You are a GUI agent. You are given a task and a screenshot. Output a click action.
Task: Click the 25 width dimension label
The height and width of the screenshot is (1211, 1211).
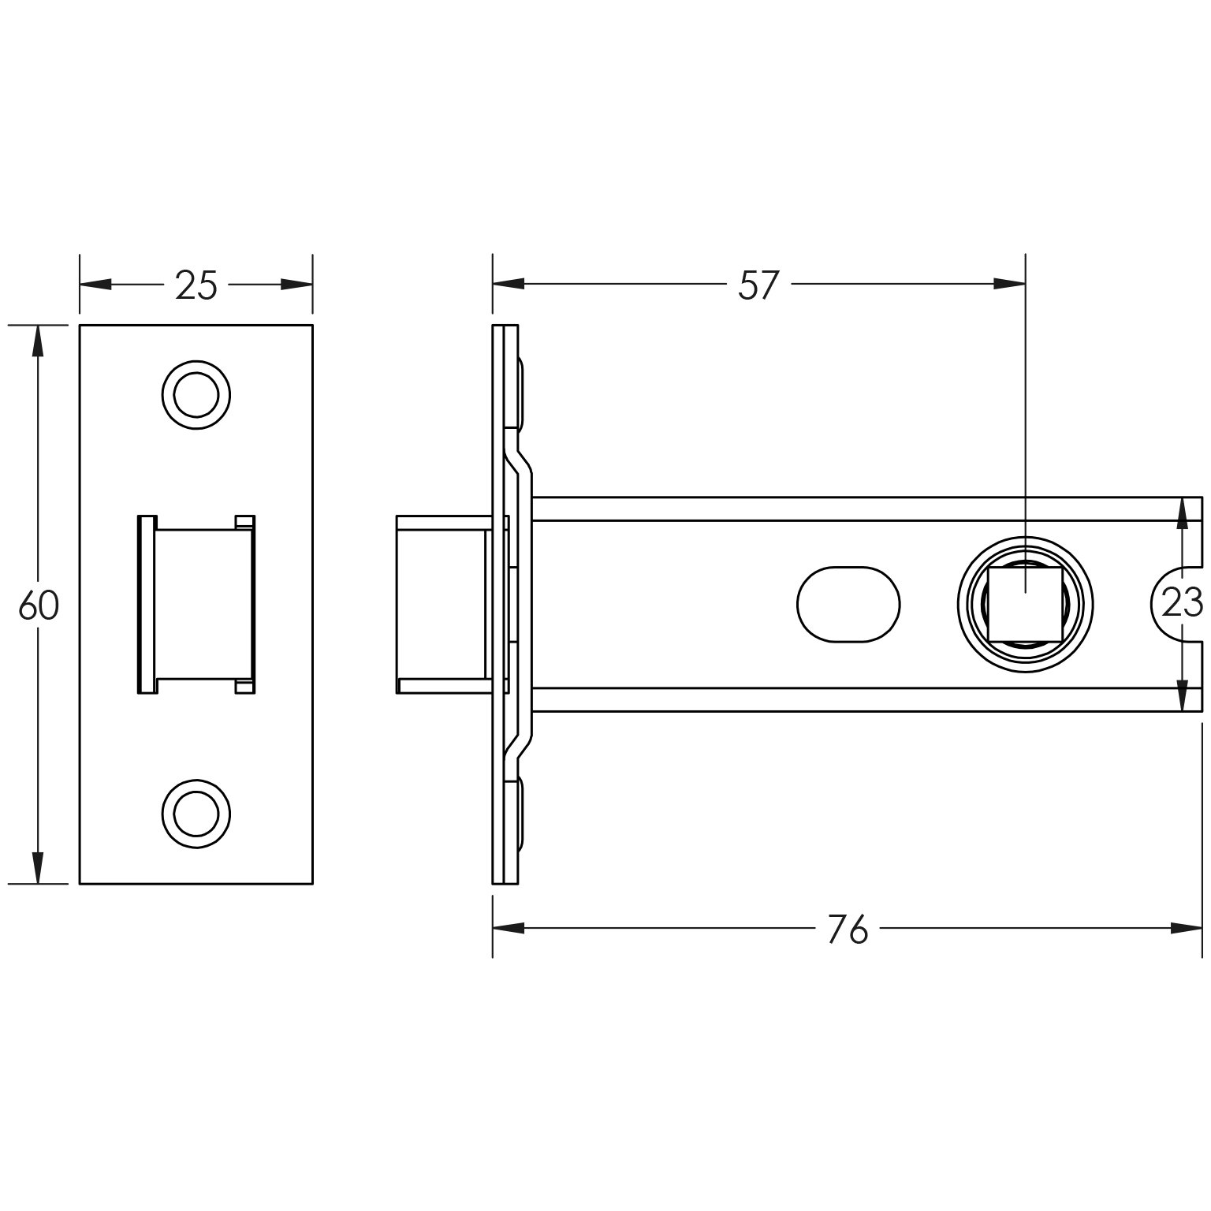tap(196, 285)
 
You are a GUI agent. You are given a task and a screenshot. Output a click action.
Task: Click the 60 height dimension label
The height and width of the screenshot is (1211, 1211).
tap(39, 605)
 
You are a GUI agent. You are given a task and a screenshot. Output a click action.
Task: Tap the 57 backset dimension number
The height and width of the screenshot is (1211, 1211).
tap(758, 285)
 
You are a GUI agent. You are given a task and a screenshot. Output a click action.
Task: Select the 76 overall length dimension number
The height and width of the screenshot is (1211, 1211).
tap(848, 930)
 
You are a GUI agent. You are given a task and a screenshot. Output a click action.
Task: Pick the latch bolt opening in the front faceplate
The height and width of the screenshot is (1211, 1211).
tap(196, 605)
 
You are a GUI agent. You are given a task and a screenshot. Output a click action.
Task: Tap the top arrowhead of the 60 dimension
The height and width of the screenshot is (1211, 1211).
tap(36, 342)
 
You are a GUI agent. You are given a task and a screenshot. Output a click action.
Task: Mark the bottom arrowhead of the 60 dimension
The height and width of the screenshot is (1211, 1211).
tap(36, 867)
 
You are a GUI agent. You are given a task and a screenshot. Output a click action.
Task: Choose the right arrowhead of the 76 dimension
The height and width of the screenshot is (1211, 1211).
tap(1187, 928)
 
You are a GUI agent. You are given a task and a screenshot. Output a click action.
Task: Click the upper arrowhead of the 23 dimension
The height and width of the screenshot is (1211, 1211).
tap(1182, 515)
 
